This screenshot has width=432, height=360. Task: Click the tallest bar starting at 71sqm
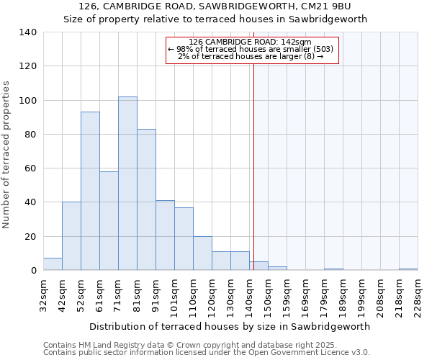[x=127, y=184]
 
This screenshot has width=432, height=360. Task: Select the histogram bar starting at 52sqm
[x=90, y=191]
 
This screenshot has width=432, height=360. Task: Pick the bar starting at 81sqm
[x=146, y=199]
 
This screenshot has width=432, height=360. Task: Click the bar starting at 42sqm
[x=71, y=236]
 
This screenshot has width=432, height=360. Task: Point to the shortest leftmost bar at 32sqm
[x=53, y=264]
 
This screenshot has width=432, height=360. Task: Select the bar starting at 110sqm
[x=202, y=253]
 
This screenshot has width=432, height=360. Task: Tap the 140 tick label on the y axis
[x=28, y=32]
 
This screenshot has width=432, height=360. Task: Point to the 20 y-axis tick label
[x=31, y=237]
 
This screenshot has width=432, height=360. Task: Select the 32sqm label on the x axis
[x=44, y=295]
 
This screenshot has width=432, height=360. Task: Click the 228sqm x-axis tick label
[x=418, y=295]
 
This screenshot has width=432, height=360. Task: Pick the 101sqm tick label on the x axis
[x=175, y=295]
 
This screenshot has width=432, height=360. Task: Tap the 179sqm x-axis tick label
[x=325, y=295]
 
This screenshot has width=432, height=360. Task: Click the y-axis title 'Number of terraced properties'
[x=7, y=155]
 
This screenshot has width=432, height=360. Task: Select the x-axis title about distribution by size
[x=230, y=326]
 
